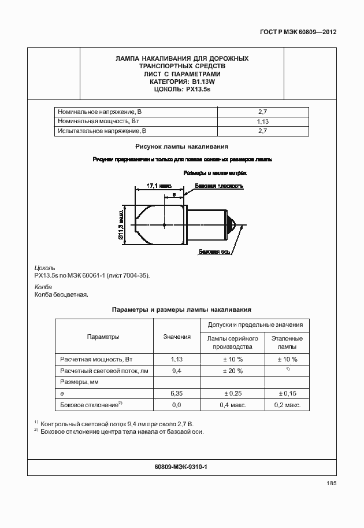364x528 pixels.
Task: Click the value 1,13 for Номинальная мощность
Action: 263,122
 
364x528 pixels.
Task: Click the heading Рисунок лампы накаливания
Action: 182,147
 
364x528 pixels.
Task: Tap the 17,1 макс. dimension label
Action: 159,186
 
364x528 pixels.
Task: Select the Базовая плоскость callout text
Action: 219,186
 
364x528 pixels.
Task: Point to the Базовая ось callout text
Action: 216,252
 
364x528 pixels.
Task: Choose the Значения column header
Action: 177,337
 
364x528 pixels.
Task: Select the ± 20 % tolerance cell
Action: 232,371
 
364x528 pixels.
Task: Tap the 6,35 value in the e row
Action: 177,394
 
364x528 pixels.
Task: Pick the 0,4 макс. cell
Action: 232,405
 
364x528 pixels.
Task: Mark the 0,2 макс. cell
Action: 287,405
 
